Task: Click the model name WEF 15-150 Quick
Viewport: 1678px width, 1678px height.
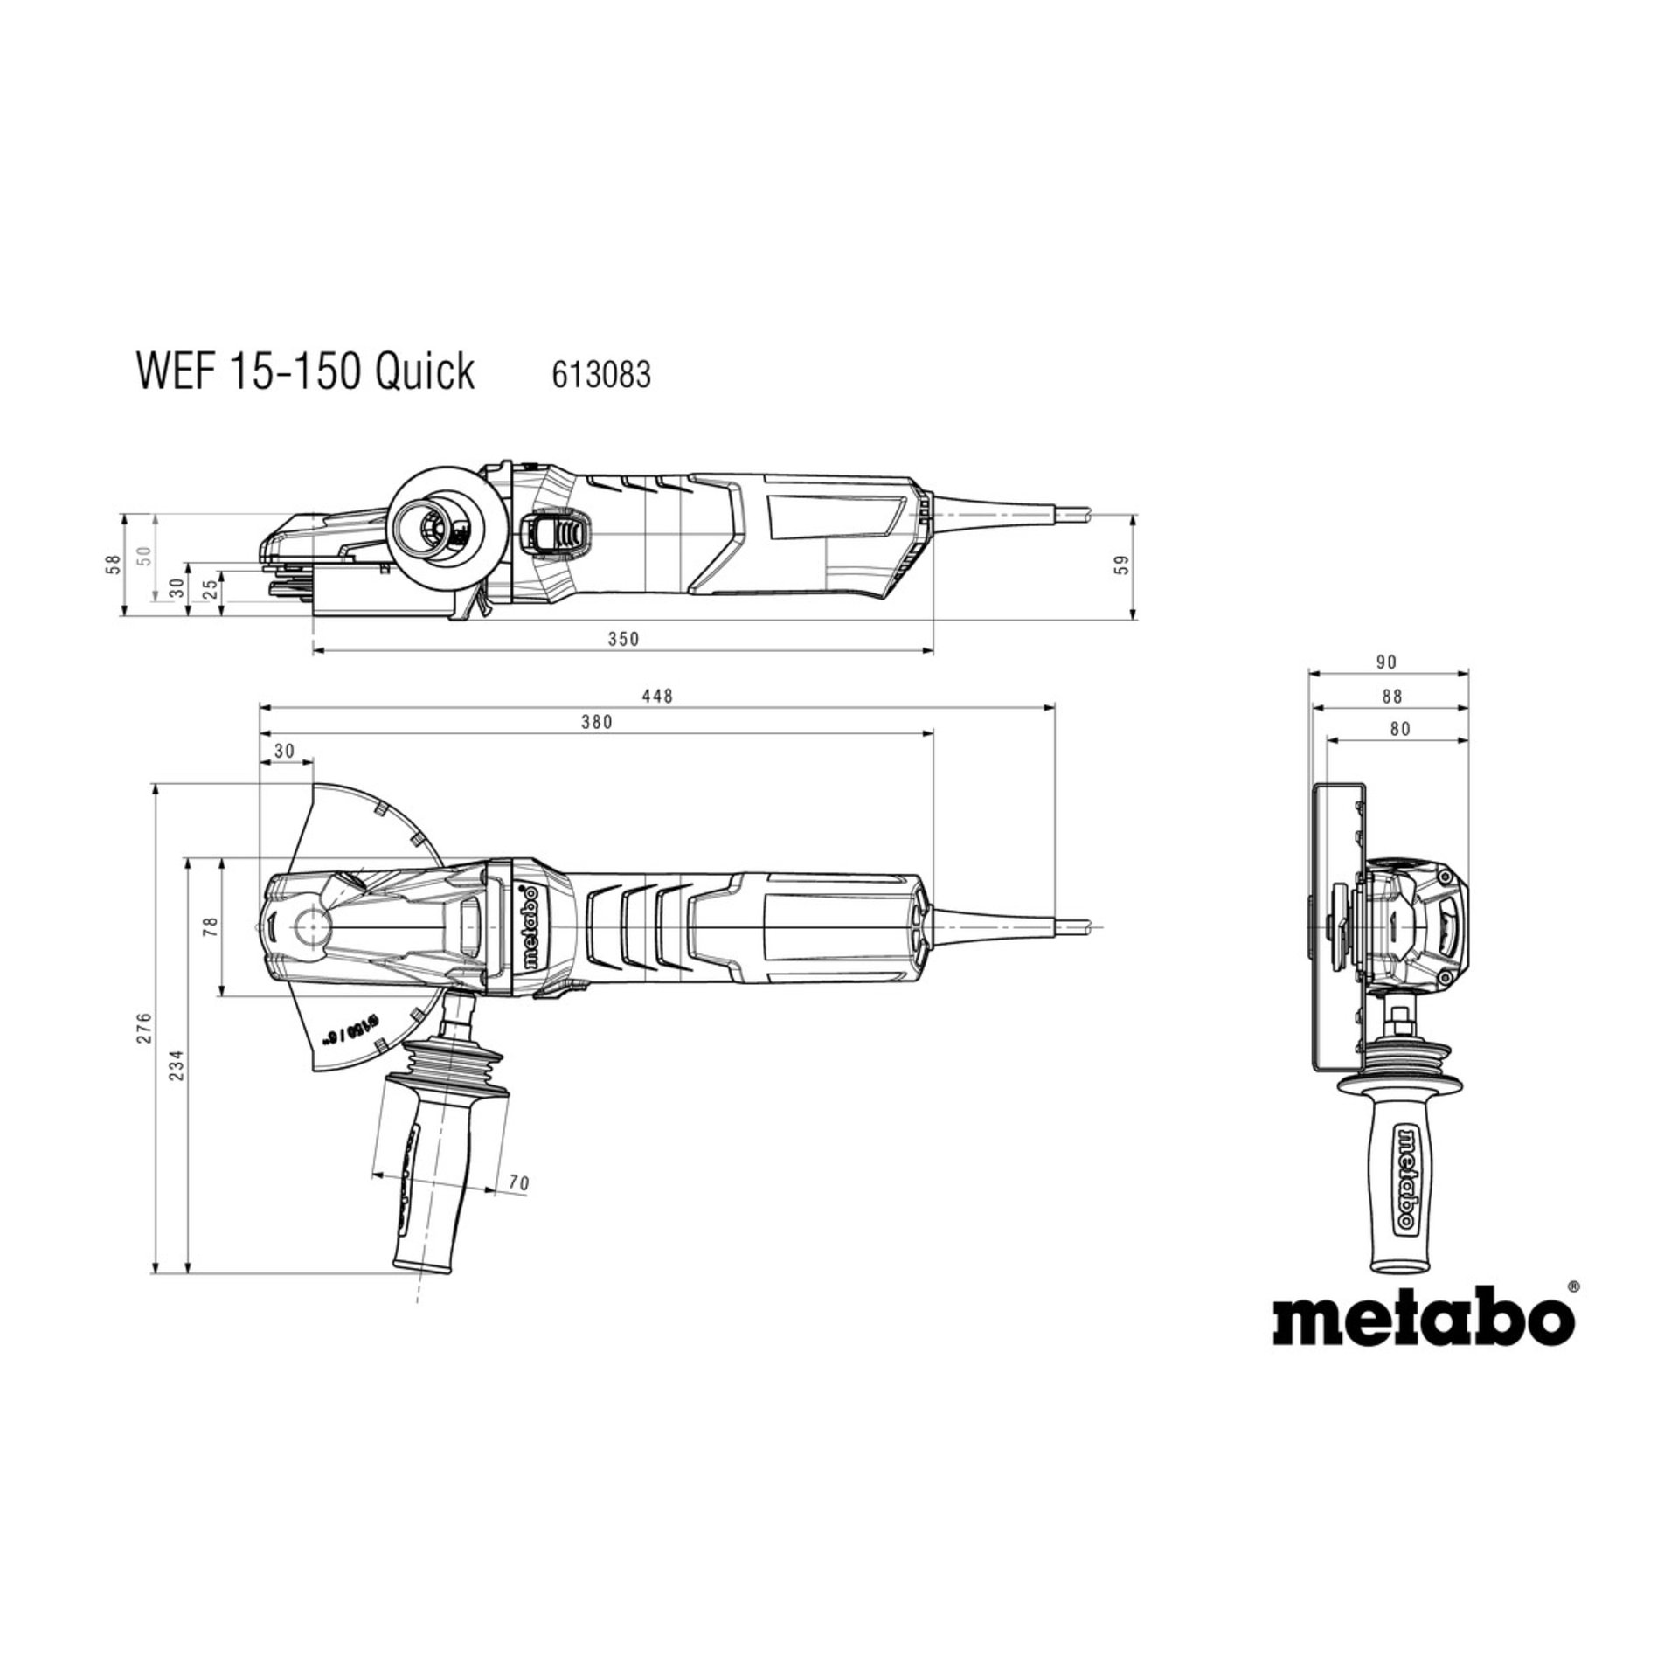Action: coord(305,371)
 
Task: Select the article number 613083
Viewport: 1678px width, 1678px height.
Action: coord(601,375)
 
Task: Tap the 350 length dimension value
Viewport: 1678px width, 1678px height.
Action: coord(623,639)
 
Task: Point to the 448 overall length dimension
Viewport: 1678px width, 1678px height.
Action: coord(657,696)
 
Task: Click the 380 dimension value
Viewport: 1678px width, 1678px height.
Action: coord(597,722)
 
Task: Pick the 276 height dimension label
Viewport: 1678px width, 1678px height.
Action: coord(145,1028)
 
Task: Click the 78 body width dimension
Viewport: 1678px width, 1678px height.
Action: coord(210,927)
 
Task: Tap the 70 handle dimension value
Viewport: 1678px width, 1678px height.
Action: coord(518,1183)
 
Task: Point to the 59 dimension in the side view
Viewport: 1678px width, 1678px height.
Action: coord(1124,565)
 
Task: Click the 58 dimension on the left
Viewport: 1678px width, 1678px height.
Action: coord(113,565)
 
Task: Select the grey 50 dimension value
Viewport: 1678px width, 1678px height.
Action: coord(145,556)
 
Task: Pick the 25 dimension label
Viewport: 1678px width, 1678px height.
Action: coord(210,590)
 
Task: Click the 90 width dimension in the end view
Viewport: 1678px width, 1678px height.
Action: coord(1387,662)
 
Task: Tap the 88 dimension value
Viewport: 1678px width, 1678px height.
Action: coord(1392,696)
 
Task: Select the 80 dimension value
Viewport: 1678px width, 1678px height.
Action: coord(1400,728)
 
